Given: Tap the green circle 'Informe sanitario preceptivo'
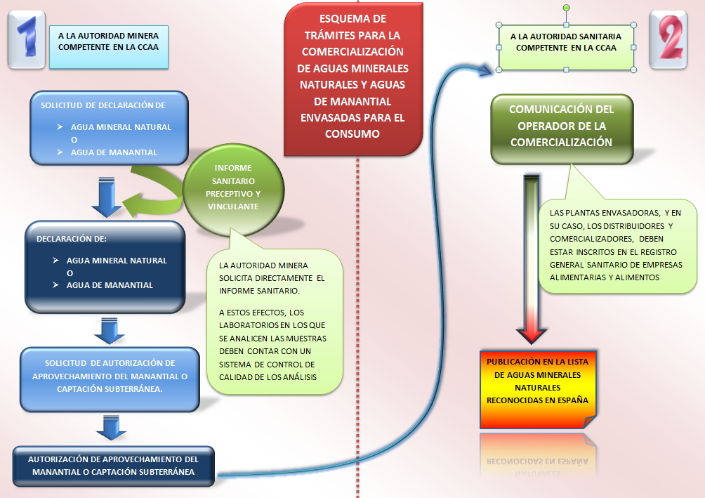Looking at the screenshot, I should tap(234, 187).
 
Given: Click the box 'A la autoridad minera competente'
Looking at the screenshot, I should tap(109, 41).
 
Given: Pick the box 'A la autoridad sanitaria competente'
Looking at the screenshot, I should tap(566, 44).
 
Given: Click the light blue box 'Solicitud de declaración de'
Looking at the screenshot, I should tap(109, 126).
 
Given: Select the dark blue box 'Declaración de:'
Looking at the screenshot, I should tap(105, 267).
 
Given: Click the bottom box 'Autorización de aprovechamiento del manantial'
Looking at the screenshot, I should tap(113, 466).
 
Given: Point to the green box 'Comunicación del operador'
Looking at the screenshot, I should tap(561, 126).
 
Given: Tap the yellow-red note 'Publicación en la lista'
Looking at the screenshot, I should tap(537, 388).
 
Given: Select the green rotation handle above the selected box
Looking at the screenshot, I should tap(566, 8).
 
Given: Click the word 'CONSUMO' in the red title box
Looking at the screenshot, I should tap(353, 133).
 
